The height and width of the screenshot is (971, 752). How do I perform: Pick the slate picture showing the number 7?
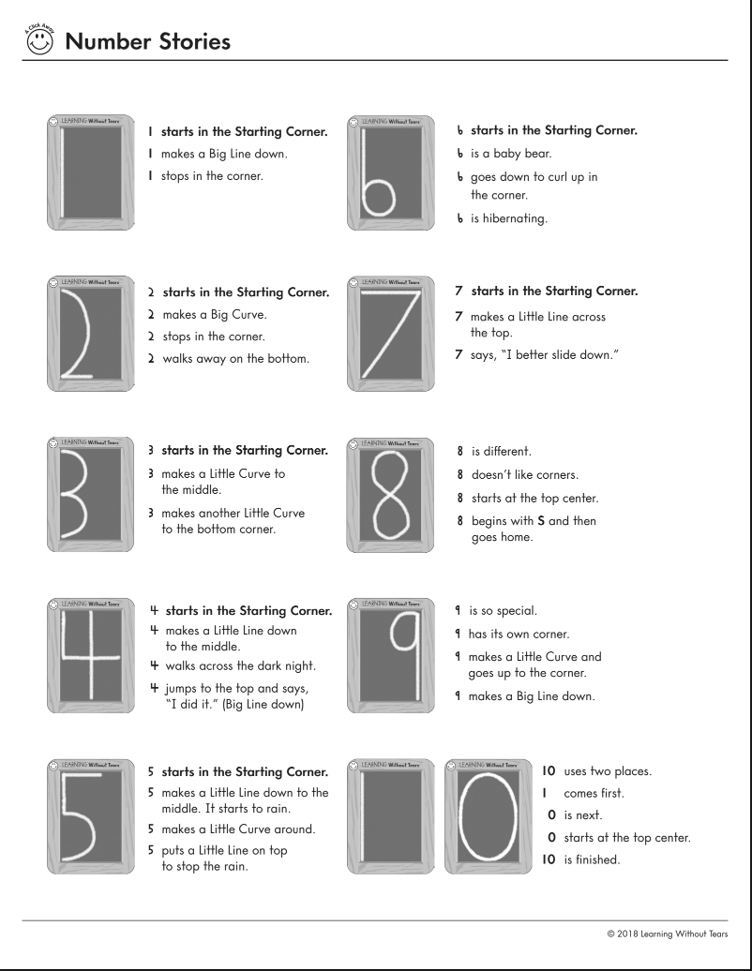390,333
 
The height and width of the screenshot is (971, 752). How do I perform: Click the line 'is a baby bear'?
510,154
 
